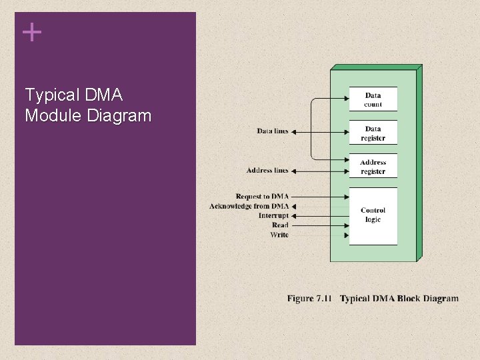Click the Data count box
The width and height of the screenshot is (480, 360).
click(373, 99)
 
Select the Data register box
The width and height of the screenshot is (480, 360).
click(373, 133)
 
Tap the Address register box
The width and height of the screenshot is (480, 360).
click(373, 167)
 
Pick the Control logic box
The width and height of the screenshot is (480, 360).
click(373, 215)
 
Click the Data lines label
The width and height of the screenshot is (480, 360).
click(273, 131)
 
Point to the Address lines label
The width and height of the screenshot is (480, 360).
click(267, 171)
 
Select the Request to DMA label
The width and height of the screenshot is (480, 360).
click(262, 197)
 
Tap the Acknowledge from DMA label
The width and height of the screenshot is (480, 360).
click(249, 206)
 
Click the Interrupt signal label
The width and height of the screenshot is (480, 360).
click(273, 215)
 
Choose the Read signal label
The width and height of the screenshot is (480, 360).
click(280, 225)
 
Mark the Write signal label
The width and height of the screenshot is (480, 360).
click(279, 235)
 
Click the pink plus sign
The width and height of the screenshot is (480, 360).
click(31, 31)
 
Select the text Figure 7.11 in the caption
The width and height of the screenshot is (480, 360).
click(309, 298)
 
